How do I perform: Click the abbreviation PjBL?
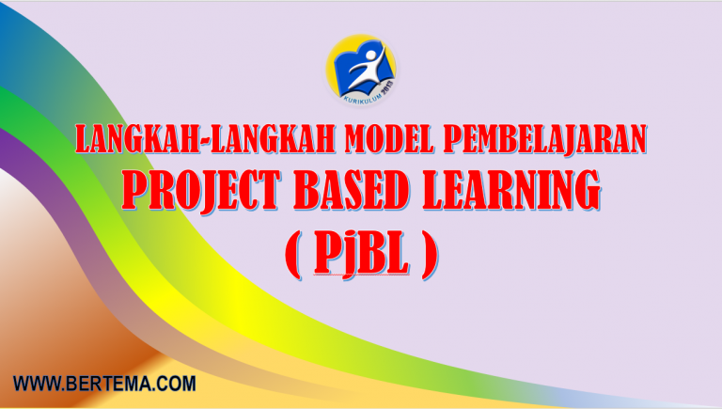coord(361,254)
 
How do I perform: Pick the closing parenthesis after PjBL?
coord(430,255)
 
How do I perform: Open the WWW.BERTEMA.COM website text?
coord(104,383)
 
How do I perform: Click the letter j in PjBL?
coord(349,256)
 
